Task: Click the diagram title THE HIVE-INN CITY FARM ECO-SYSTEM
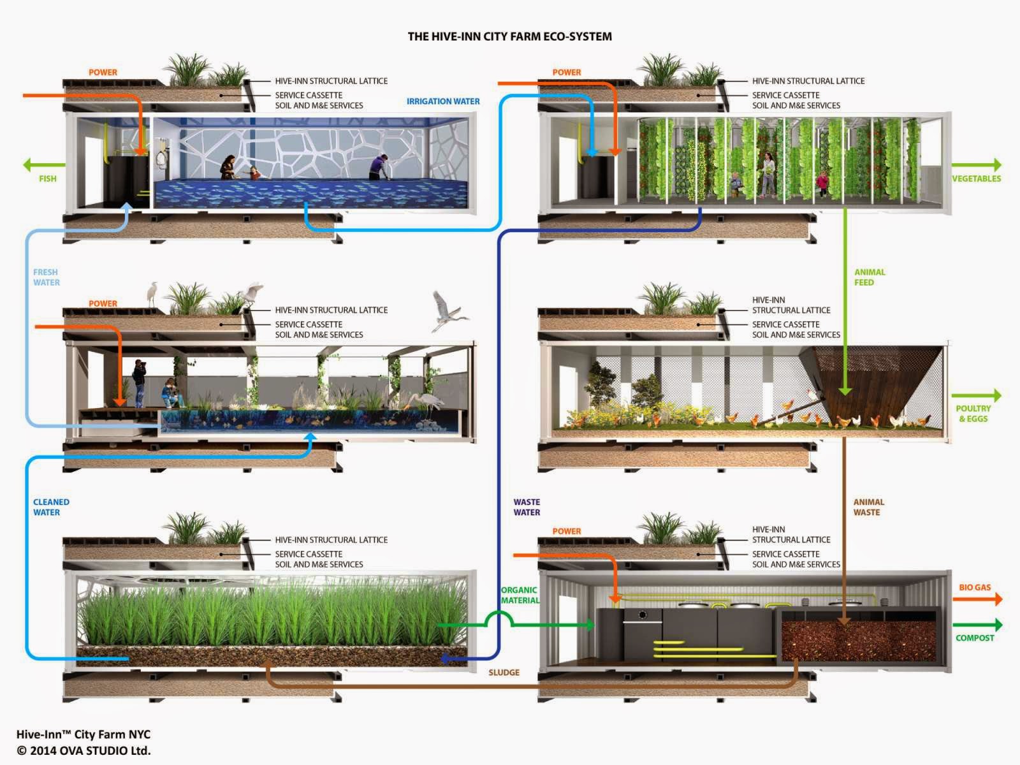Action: (x=509, y=36)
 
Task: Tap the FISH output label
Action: (x=48, y=178)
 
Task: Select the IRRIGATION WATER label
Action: (x=443, y=101)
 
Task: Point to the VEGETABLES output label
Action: (x=976, y=178)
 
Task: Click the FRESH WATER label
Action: (x=47, y=277)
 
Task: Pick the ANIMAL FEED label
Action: (x=870, y=277)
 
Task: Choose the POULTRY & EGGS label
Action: (x=973, y=414)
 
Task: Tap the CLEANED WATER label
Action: (x=51, y=507)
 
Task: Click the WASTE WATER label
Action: (x=527, y=507)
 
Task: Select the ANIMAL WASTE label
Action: (x=868, y=507)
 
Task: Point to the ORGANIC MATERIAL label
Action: (x=520, y=595)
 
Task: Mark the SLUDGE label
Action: (x=504, y=673)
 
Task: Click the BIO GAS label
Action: (x=975, y=587)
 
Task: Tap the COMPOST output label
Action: (x=975, y=637)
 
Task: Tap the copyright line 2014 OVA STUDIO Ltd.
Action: (x=84, y=750)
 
